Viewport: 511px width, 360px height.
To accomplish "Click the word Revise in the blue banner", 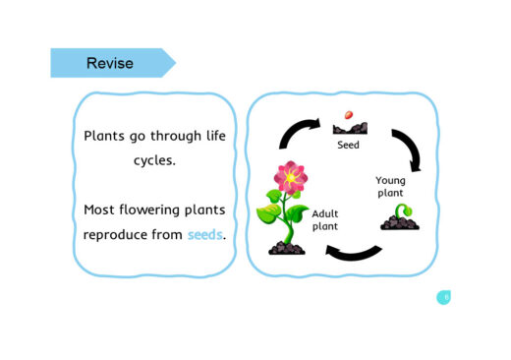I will click(x=109, y=64).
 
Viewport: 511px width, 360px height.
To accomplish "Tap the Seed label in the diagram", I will click(x=348, y=145).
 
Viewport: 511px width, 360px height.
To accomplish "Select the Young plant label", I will click(x=390, y=187).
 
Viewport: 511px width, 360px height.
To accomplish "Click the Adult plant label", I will click(x=325, y=219).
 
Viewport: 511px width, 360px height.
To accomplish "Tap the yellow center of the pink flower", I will click(x=292, y=178).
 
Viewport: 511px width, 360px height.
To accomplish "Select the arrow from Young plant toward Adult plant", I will click(x=353, y=253).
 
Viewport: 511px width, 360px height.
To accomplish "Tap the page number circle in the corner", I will click(x=444, y=297).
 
